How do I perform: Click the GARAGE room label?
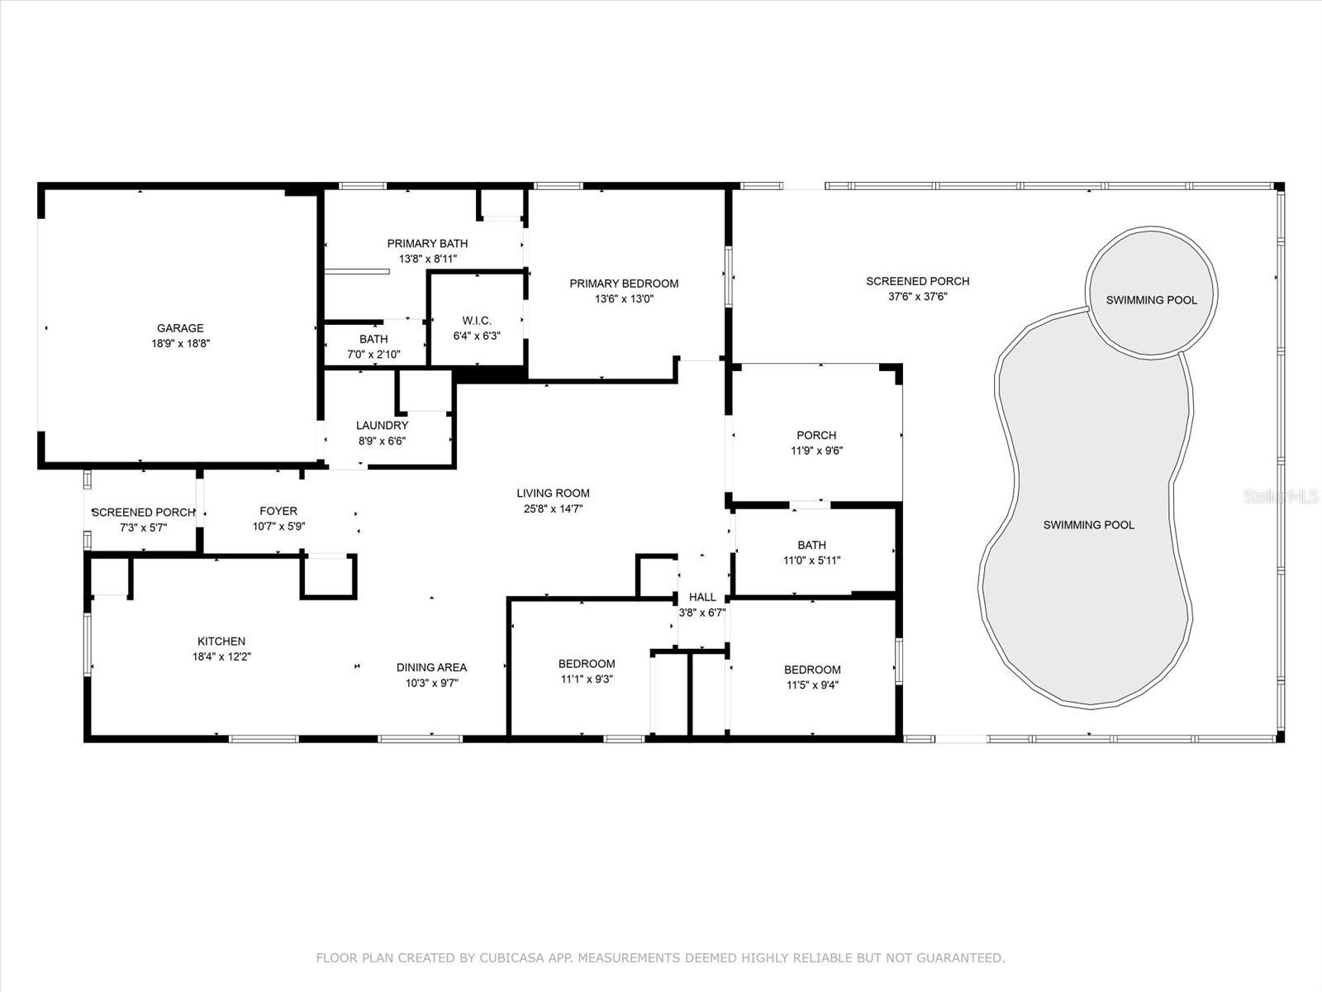(180, 328)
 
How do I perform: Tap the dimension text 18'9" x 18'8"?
(180, 344)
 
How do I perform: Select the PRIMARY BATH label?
(427, 243)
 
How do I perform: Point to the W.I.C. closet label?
(477, 321)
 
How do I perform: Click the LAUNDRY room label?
(382, 426)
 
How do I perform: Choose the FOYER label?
(278, 511)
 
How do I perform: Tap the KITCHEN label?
(221, 641)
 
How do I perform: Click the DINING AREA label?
(431, 667)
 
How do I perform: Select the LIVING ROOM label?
(554, 494)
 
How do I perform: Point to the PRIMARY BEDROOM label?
(624, 284)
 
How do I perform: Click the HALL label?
(702, 597)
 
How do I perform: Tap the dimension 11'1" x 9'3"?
(586, 680)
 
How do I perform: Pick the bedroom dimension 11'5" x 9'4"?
(811, 685)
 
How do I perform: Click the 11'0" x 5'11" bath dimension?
(811, 560)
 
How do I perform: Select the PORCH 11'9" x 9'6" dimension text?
(816, 451)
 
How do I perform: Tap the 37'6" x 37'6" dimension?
(917, 297)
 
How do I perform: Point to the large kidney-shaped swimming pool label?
(1088, 525)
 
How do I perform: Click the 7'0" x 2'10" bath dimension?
(373, 355)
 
